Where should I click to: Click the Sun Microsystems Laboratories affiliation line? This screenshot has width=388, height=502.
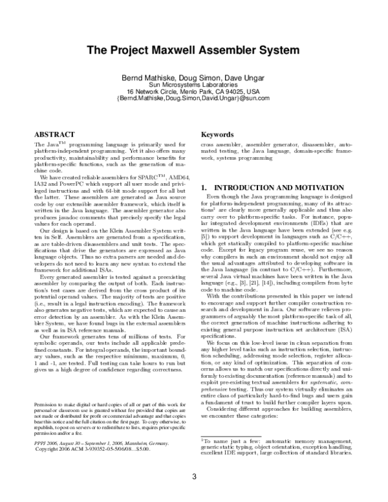click(194, 85)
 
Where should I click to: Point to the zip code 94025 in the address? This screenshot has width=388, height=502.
click(235, 92)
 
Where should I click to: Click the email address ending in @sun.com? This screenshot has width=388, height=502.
click(194, 99)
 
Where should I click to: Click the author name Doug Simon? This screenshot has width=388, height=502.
click(196, 78)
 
